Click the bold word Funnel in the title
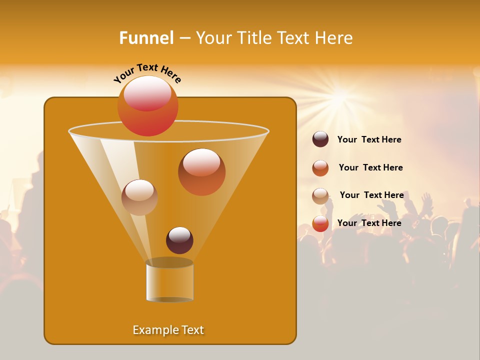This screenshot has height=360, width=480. click(x=146, y=38)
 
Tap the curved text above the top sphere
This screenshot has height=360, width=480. click(x=147, y=73)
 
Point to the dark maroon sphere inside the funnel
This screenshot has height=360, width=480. click(x=179, y=240)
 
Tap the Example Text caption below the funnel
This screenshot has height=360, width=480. click(x=168, y=330)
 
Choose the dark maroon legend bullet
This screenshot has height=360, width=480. click(x=320, y=139)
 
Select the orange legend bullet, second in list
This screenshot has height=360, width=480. click(x=320, y=168)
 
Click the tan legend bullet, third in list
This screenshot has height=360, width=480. click(x=320, y=195)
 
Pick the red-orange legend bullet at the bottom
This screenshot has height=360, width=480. click(x=320, y=223)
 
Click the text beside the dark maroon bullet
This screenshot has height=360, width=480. click(x=369, y=139)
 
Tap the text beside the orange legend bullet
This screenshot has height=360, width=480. click(x=370, y=167)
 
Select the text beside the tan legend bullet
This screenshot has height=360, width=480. click(x=371, y=195)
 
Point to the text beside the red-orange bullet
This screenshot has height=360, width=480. click(x=369, y=223)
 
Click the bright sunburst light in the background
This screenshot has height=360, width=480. click(x=340, y=95)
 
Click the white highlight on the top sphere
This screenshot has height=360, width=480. click(x=147, y=92)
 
